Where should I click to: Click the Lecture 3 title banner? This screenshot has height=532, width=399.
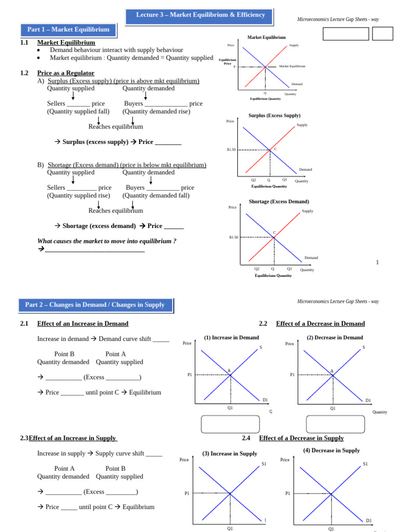click(200, 16)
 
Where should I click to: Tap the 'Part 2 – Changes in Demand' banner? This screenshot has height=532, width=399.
click(95, 305)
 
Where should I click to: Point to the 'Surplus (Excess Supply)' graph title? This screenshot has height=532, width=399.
click(274, 115)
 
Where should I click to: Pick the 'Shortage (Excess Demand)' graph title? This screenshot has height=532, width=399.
click(278, 202)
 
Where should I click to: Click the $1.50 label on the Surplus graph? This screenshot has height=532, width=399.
click(231, 150)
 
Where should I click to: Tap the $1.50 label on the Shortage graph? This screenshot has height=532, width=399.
click(233, 237)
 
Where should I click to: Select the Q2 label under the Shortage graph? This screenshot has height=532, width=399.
click(257, 269)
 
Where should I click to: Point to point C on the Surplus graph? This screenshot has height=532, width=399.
click(275, 149)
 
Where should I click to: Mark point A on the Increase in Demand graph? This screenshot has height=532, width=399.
click(229, 370)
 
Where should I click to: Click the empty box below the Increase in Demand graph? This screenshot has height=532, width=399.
click(230, 424)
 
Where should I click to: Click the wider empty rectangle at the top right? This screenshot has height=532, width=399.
click(345, 34)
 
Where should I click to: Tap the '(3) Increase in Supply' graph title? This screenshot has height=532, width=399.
click(230, 454)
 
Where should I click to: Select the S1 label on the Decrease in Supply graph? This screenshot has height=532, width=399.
click(365, 464)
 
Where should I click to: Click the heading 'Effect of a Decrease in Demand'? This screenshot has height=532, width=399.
click(320, 324)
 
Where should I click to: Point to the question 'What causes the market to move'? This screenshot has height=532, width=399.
click(107, 241)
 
